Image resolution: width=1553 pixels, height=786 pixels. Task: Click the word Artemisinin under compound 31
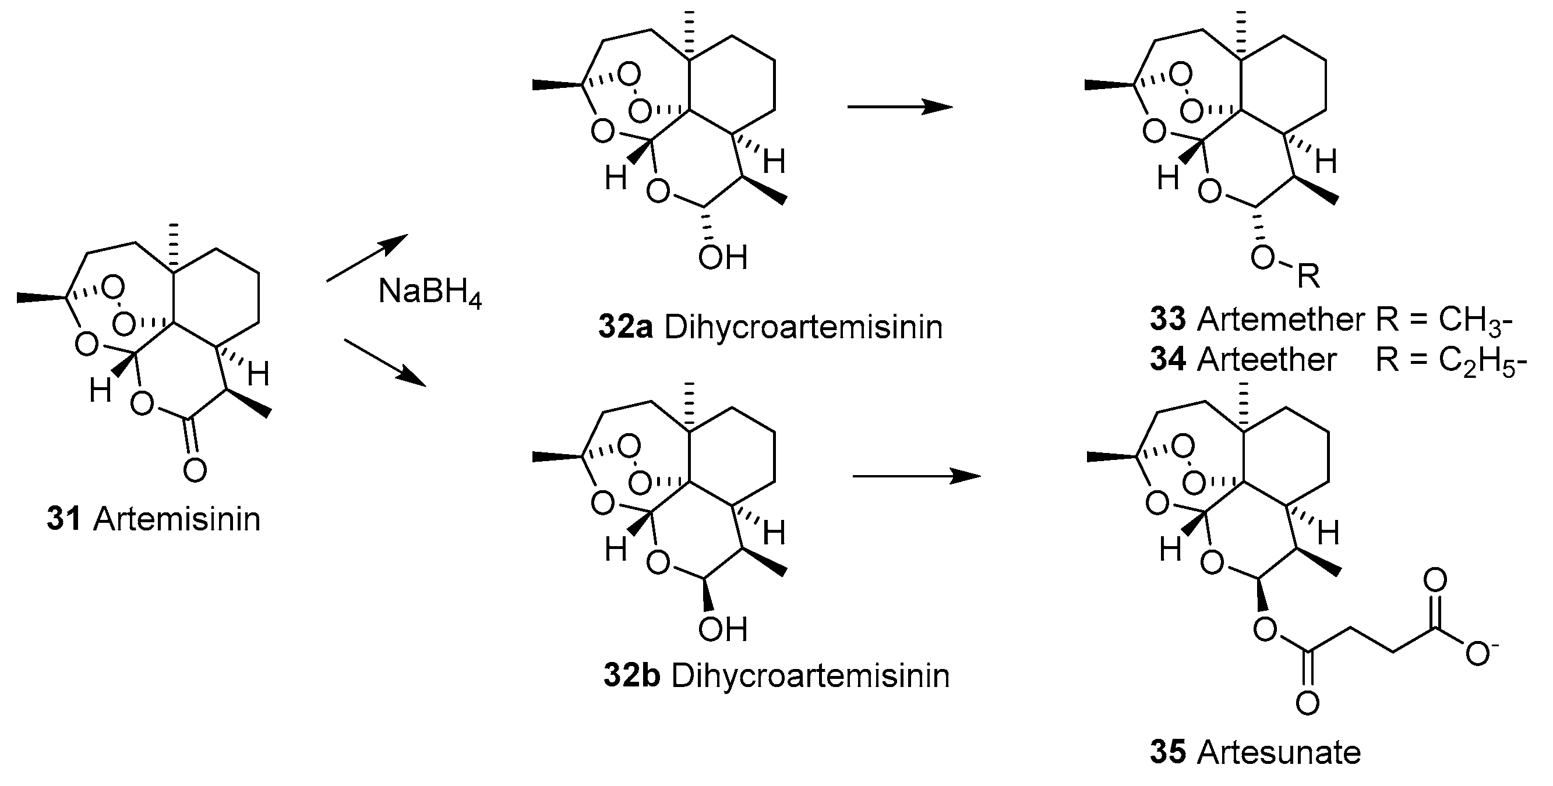pos(176,519)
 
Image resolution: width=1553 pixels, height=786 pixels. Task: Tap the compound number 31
pos(63,519)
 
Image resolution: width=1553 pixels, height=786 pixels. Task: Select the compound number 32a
pos(625,327)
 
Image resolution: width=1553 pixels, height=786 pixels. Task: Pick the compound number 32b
pos(631,676)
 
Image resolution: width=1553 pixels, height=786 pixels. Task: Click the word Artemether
pos(1280,320)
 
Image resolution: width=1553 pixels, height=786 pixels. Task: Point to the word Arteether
pos(1266,360)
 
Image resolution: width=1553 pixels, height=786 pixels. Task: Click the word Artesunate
pos(1279,752)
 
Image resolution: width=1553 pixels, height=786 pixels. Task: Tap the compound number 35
pos(1167,752)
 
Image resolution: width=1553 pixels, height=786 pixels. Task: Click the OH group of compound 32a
pos(722,258)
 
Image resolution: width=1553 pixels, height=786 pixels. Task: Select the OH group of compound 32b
pos(722,629)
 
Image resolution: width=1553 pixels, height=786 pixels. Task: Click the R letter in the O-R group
pos(1308,277)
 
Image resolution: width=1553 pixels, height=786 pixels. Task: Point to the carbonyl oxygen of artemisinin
pos(195,469)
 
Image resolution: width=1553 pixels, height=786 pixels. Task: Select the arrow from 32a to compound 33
pos(899,107)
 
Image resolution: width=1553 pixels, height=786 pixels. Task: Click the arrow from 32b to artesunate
pos(916,476)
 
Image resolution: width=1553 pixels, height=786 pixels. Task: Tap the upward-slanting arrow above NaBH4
pos(367,258)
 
